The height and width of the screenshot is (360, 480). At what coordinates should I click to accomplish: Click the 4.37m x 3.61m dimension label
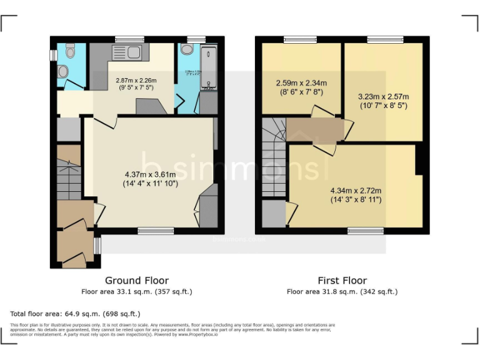point(150,179)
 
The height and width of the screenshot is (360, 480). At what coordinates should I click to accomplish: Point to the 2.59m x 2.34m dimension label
point(301,87)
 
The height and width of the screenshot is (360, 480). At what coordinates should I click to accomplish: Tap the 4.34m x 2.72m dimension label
point(356,195)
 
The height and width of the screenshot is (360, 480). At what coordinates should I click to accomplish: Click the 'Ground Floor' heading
point(136,281)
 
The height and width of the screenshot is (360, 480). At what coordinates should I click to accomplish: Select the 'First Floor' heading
point(342,281)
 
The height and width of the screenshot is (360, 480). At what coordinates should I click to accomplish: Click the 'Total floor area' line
point(76,313)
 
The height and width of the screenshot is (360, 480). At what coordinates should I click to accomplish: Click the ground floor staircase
point(69,179)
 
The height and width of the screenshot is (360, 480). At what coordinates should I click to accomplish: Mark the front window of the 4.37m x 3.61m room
point(156,231)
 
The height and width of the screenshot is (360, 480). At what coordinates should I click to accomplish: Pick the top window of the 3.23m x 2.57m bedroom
point(384,39)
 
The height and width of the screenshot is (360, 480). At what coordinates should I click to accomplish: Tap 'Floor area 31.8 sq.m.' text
point(342,292)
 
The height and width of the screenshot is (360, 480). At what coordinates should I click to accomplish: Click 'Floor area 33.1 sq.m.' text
point(136,292)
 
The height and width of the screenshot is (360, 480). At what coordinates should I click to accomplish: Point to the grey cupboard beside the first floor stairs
point(273,214)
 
